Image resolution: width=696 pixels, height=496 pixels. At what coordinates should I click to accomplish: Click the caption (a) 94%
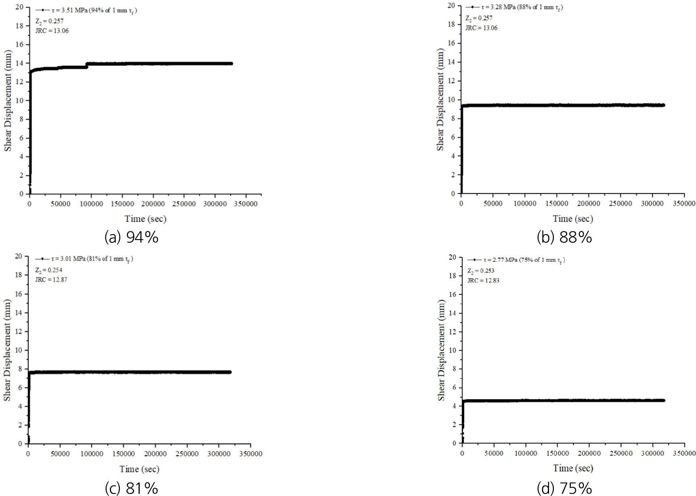pos(131,237)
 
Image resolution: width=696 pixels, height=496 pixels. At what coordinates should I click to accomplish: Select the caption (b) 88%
pos(564,237)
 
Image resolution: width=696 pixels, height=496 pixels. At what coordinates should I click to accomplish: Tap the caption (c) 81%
pos(131,488)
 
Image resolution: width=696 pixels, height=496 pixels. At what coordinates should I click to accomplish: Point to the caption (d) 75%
pos(564,488)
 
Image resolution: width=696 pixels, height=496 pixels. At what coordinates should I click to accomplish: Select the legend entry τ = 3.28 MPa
pos(521,8)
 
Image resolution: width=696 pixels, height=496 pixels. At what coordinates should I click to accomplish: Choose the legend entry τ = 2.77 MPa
pos(524,260)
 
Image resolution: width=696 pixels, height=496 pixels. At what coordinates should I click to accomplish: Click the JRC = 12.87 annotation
pos(51,280)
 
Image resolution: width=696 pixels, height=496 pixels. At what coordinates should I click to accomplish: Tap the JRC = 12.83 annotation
pos(483,280)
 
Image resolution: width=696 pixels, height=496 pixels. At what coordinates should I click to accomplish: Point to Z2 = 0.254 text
pos(48,270)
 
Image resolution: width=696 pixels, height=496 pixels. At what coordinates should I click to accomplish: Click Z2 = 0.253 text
pos(480,271)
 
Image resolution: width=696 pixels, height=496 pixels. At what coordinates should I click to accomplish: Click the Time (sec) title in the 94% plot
pos(145,219)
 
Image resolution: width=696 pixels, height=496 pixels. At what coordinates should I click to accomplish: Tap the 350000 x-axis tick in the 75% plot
pos(684,454)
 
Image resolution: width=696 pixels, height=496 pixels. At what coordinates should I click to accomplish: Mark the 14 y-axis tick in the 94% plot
pos(19,63)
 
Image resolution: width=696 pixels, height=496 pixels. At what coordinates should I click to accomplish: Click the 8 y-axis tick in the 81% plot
pos(19,369)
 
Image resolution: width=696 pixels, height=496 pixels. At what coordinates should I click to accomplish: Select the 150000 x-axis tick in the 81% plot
pos(124,454)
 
